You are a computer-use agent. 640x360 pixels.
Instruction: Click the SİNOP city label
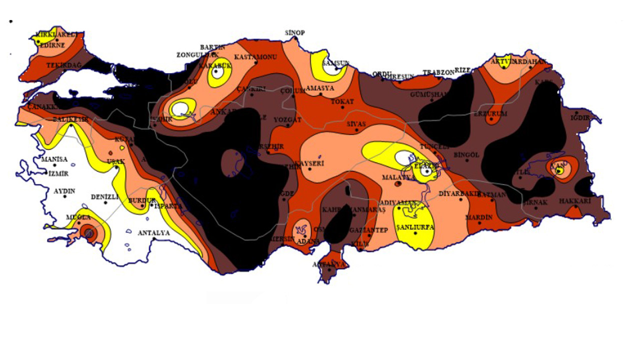(x=294, y=33)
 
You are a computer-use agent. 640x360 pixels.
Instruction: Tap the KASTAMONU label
(x=255, y=57)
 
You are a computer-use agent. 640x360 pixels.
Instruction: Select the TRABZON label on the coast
(x=438, y=72)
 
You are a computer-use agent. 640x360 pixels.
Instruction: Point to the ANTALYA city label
(x=153, y=233)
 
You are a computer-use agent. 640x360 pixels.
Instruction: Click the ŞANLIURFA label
(x=415, y=227)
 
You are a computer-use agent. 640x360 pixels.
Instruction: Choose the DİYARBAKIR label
(x=459, y=193)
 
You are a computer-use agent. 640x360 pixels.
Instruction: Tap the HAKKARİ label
(x=575, y=201)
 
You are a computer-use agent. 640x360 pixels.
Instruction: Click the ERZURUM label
(x=490, y=114)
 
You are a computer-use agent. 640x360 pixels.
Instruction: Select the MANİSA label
(x=54, y=159)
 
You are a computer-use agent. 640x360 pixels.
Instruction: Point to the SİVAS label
(x=356, y=123)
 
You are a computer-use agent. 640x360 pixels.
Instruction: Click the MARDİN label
(x=479, y=217)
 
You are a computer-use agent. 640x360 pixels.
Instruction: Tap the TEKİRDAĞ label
(x=63, y=65)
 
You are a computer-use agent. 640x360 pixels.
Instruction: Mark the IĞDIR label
(x=580, y=118)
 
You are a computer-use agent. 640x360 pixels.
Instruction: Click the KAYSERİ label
(x=309, y=164)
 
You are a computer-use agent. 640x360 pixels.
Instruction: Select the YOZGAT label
(x=287, y=120)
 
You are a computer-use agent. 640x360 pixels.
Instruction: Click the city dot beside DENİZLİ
(x=105, y=202)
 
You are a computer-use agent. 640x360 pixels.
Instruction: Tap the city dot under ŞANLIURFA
(x=415, y=233)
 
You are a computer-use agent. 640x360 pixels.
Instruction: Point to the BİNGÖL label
(x=466, y=155)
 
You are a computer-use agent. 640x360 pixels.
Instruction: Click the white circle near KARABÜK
(x=217, y=72)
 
